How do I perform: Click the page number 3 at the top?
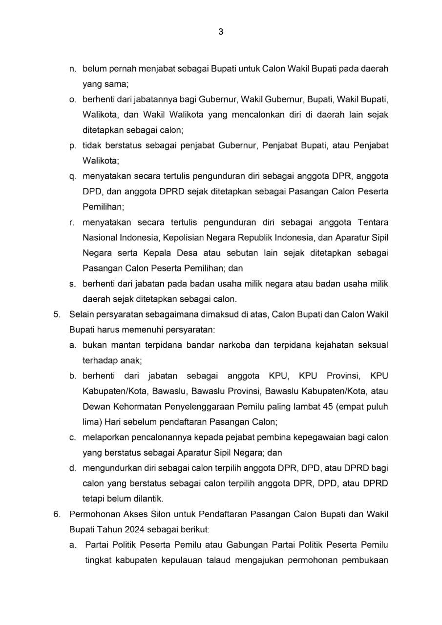[x=221, y=32]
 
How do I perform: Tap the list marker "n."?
[x=72, y=69]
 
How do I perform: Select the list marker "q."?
[x=72, y=176]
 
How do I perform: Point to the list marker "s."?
[x=72, y=284]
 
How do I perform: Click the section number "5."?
[x=57, y=314]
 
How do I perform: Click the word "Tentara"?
[x=373, y=222]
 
